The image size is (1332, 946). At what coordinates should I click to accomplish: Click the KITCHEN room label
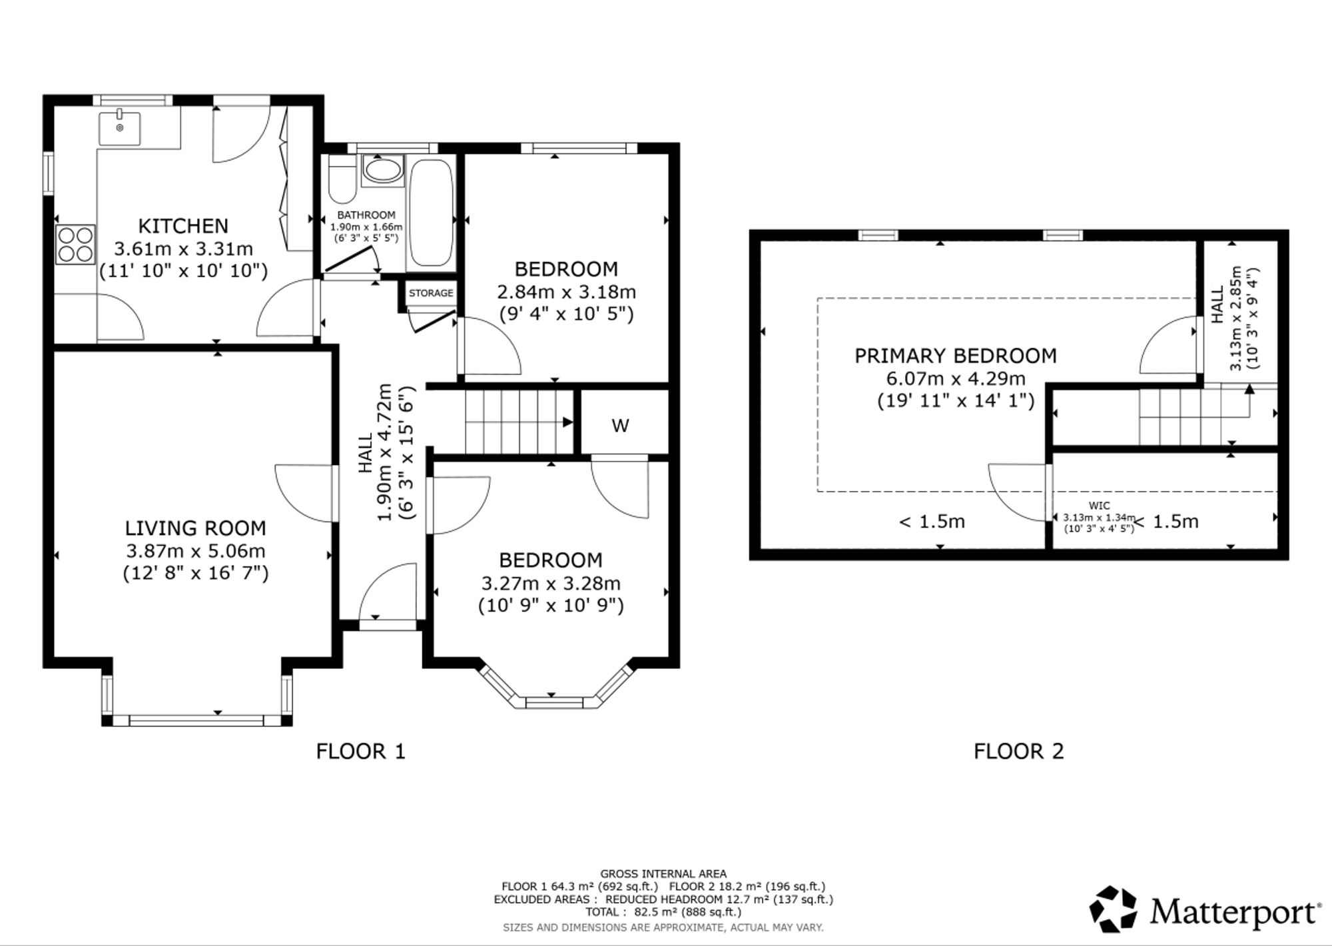pyautogui.click(x=183, y=226)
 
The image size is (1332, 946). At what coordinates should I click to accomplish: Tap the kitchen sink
pyautogui.click(x=120, y=129)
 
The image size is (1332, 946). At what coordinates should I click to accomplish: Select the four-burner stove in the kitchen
pyautogui.click(x=76, y=244)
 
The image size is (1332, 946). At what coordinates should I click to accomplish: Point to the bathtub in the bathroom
pyautogui.click(x=430, y=214)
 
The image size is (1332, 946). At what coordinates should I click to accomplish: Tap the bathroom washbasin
pyautogui.click(x=382, y=171)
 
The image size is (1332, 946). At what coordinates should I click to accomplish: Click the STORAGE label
pyautogui.click(x=431, y=293)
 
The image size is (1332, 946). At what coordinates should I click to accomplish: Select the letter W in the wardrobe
pyautogui.click(x=620, y=426)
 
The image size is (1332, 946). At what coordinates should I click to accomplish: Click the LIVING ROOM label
pyautogui.click(x=195, y=528)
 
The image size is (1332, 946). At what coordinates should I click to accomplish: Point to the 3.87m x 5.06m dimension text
pyautogui.click(x=195, y=551)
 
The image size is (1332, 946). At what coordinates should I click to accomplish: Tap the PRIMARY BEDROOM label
pyautogui.click(x=956, y=356)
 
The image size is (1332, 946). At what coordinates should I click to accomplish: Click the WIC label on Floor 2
pyautogui.click(x=1100, y=506)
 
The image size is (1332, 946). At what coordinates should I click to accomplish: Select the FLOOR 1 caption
pyautogui.click(x=360, y=751)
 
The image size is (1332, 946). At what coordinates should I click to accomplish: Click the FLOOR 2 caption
pyautogui.click(x=1018, y=751)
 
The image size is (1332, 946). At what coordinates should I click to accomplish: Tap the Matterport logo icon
pyautogui.click(x=1114, y=909)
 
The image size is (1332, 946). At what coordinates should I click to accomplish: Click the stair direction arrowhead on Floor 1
pyautogui.click(x=568, y=422)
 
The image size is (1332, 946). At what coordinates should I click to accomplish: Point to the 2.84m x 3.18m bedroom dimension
pyautogui.click(x=566, y=292)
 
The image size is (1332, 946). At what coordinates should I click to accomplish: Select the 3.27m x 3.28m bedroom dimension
pyautogui.click(x=551, y=584)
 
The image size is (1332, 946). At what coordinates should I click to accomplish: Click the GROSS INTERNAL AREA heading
pyautogui.click(x=663, y=873)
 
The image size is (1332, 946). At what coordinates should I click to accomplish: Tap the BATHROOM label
pyautogui.click(x=366, y=215)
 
